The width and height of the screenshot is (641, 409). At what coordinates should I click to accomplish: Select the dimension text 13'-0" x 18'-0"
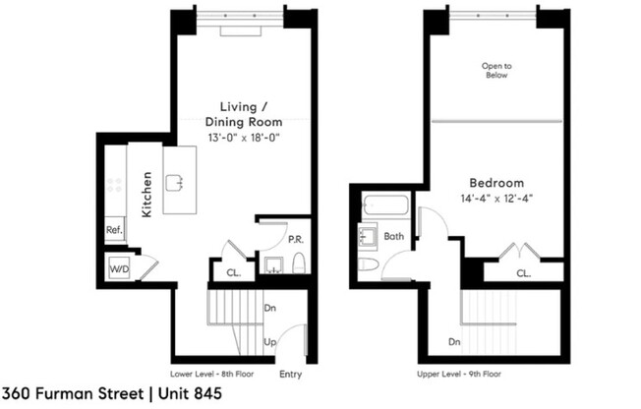click(x=243, y=138)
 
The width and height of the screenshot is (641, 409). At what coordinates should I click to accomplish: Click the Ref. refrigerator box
click(x=114, y=231)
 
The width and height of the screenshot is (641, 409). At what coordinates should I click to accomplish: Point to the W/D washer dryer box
click(x=118, y=266)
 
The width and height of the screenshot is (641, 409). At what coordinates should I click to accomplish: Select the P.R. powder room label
click(x=294, y=238)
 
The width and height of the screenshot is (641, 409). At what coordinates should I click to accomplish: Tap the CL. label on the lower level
click(x=234, y=275)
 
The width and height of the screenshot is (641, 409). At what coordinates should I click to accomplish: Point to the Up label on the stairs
click(x=269, y=343)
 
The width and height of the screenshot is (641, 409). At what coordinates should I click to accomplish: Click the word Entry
click(x=291, y=375)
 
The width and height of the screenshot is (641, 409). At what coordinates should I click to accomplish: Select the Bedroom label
click(x=495, y=183)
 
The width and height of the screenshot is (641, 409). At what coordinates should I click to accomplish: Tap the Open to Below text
click(x=496, y=71)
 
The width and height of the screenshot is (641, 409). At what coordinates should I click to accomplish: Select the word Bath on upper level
click(x=394, y=237)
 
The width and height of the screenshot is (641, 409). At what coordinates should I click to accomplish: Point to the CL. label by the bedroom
click(x=525, y=274)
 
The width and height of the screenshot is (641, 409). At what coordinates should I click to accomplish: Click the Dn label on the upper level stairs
click(x=455, y=343)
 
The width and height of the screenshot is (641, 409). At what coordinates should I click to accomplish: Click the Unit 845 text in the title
click(x=186, y=394)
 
